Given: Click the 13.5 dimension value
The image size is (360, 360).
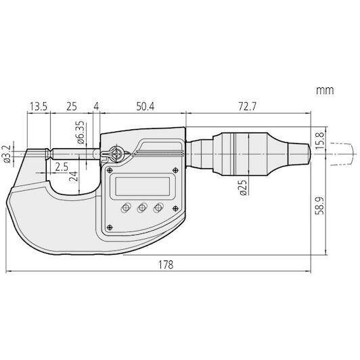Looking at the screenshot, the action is (x=39, y=107).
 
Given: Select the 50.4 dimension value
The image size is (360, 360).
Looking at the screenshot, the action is (x=145, y=106).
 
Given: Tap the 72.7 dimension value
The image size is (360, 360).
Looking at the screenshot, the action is (x=247, y=106).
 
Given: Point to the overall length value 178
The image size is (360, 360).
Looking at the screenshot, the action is (x=166, y=265).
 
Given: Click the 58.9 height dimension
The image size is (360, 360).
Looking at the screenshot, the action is (x=320, y=206).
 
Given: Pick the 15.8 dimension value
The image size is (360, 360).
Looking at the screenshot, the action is (x=320, y=141).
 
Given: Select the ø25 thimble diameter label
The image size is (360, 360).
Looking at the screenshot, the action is (x=243, y=187).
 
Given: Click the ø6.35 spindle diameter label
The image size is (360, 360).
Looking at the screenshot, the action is (x=81, y=133).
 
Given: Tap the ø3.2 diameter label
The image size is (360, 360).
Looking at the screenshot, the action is (x=7, y=154).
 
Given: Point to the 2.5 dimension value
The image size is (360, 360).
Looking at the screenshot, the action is (x=62, y=167).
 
